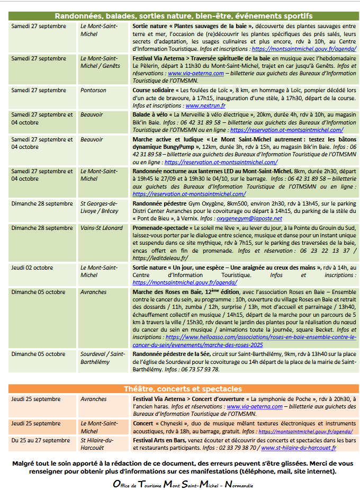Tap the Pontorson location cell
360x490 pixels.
pyautogui.click(x=93, y=91)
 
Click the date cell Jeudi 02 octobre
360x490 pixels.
pyautogui.click(x=32, y=268)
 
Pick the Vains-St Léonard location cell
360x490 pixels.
pyautogui.click(x=102, y=228)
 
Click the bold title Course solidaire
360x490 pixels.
pyautogui.click(x=154, y=91)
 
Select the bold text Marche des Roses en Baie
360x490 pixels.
pyautogui.click(x=167, y=292)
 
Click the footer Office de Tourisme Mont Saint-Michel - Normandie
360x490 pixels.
pyautogui.click(x=183, y=484)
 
